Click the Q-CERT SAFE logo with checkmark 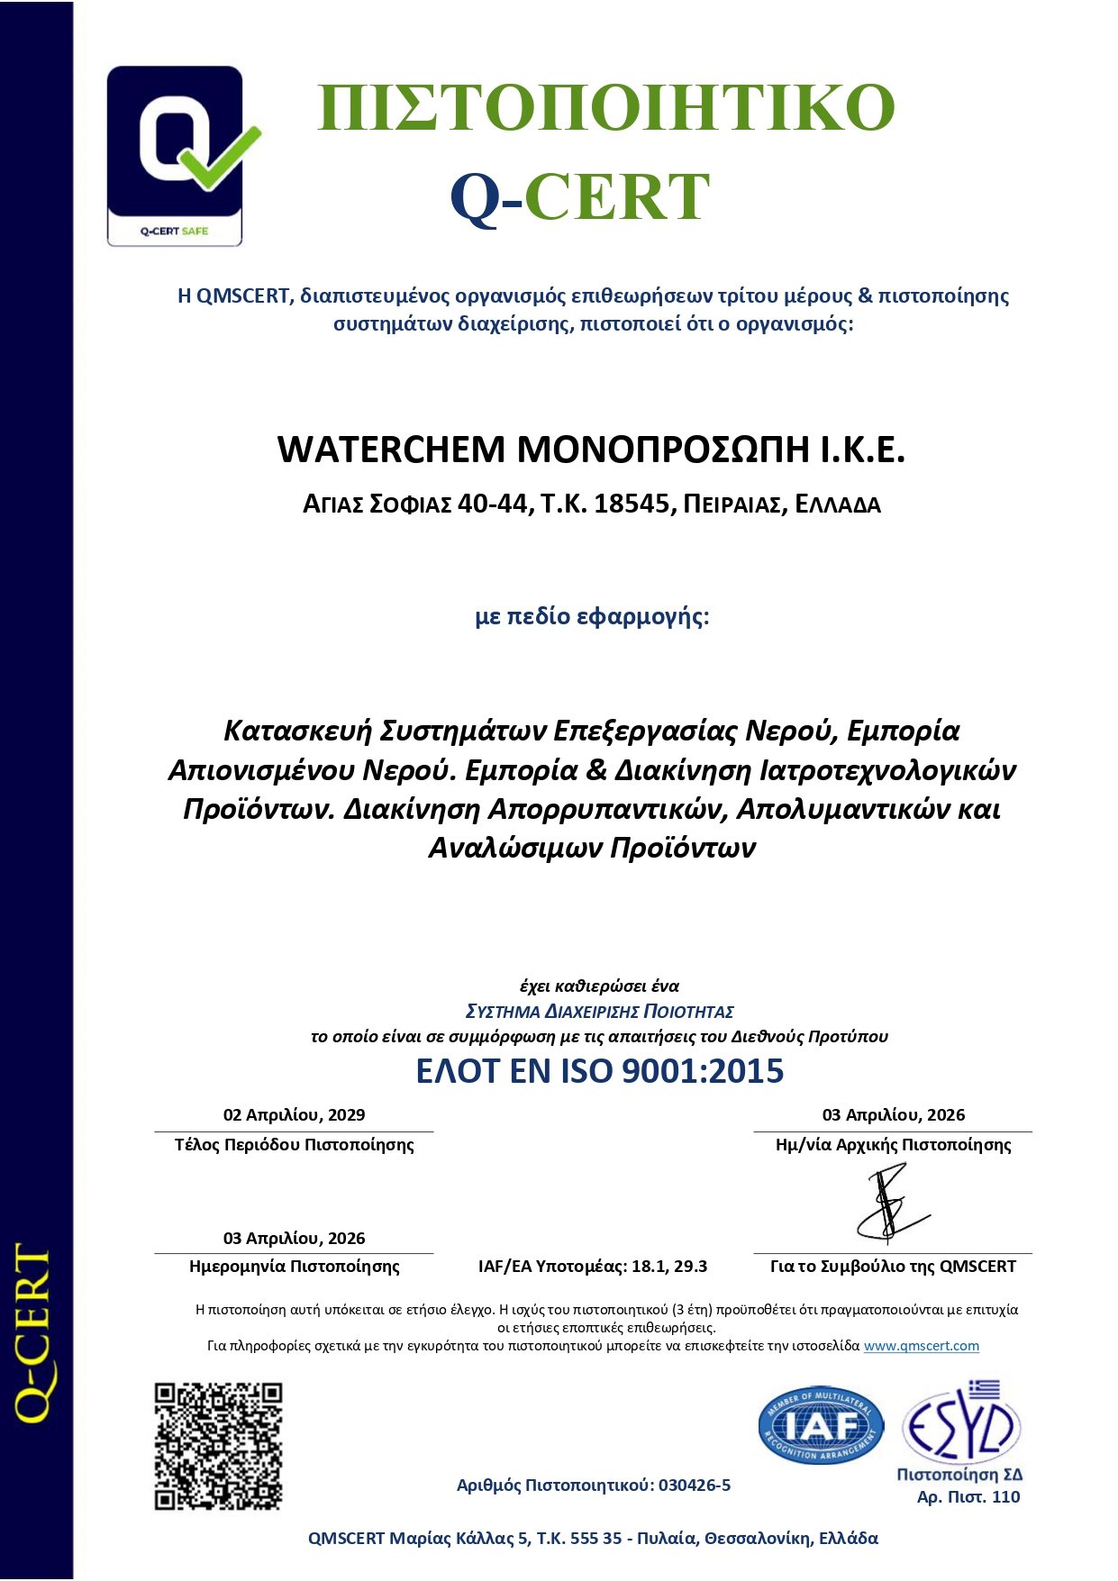click(x=176, y=156)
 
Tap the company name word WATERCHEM click(x=391, y=450)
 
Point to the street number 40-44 click(x=494, y=504)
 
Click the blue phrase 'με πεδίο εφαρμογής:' click(x=592, y=617)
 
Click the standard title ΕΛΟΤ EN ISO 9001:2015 click(x=599, y=1071)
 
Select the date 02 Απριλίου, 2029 click(x=294, y=1115)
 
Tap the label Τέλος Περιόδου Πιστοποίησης click(x=294, y=1145)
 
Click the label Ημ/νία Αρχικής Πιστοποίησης click(x=893, y=1145)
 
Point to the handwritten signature click(x=891, y=1204)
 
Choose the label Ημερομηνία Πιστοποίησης click(x=294, y=1267)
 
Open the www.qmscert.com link click(x=921, y=1346)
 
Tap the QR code click(x=218, y=1446)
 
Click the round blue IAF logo click(x=820, y=1425)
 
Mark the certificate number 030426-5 click(x=694, y=1486)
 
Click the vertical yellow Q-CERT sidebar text click(x=34, y=1333)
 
